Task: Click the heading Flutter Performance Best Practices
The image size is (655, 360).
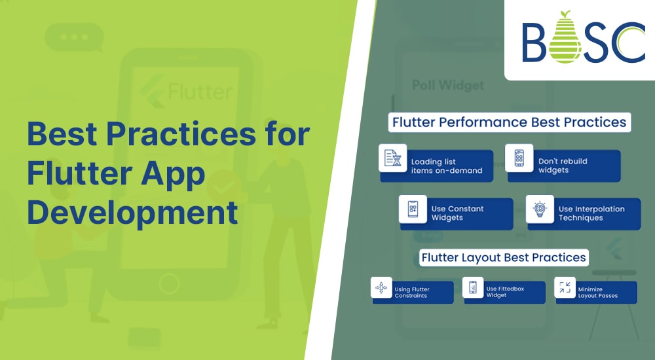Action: pos(509,122)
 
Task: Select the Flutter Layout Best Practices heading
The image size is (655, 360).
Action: pos(503,257)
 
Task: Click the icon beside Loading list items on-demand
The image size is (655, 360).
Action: pos(393,158)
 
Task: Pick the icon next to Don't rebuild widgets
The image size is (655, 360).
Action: pos(519,158)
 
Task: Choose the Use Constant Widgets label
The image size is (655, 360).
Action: pos(457,213)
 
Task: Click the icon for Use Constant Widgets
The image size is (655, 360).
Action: pos(413,209)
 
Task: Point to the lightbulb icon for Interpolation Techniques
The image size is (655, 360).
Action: pos(540,209)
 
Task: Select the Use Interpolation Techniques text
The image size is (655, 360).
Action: pos(591,213)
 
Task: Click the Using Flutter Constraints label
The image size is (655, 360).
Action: pos(411,292)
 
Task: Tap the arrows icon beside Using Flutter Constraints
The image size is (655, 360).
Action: pos(381,287)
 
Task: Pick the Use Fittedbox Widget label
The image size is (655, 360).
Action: pos(505,292)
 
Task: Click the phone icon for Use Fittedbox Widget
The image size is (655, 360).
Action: pos(472,287)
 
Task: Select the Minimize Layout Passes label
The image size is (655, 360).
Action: pos(597,292)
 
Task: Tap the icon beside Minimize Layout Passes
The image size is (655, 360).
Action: pos(564,287)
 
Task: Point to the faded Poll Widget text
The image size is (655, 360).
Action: pos(447,85)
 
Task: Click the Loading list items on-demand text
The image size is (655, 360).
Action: pos(446,166)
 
